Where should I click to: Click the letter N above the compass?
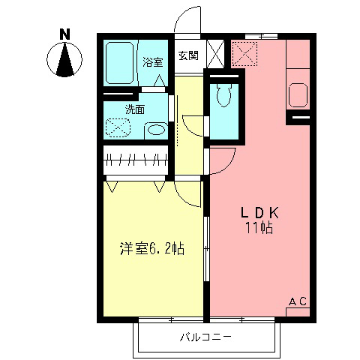(x=64, y=34)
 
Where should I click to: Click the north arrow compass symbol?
(x=65, y=60)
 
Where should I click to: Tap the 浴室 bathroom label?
(x=154, y=62)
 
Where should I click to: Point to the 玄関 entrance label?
(x=187, y=55)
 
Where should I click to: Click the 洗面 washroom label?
(x=135, y=109)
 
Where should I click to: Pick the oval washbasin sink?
(x=156, y=130)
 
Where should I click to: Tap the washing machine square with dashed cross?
(x=118, y=128)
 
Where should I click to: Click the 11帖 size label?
(x=257, y=228)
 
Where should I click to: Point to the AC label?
(x=298, y=301)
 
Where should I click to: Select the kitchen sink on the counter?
(x=298, y=95)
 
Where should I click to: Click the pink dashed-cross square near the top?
(x=244, y=53)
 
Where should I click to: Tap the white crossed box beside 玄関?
(x=214, y=55)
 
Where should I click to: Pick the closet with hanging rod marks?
(x=136, y=159)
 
